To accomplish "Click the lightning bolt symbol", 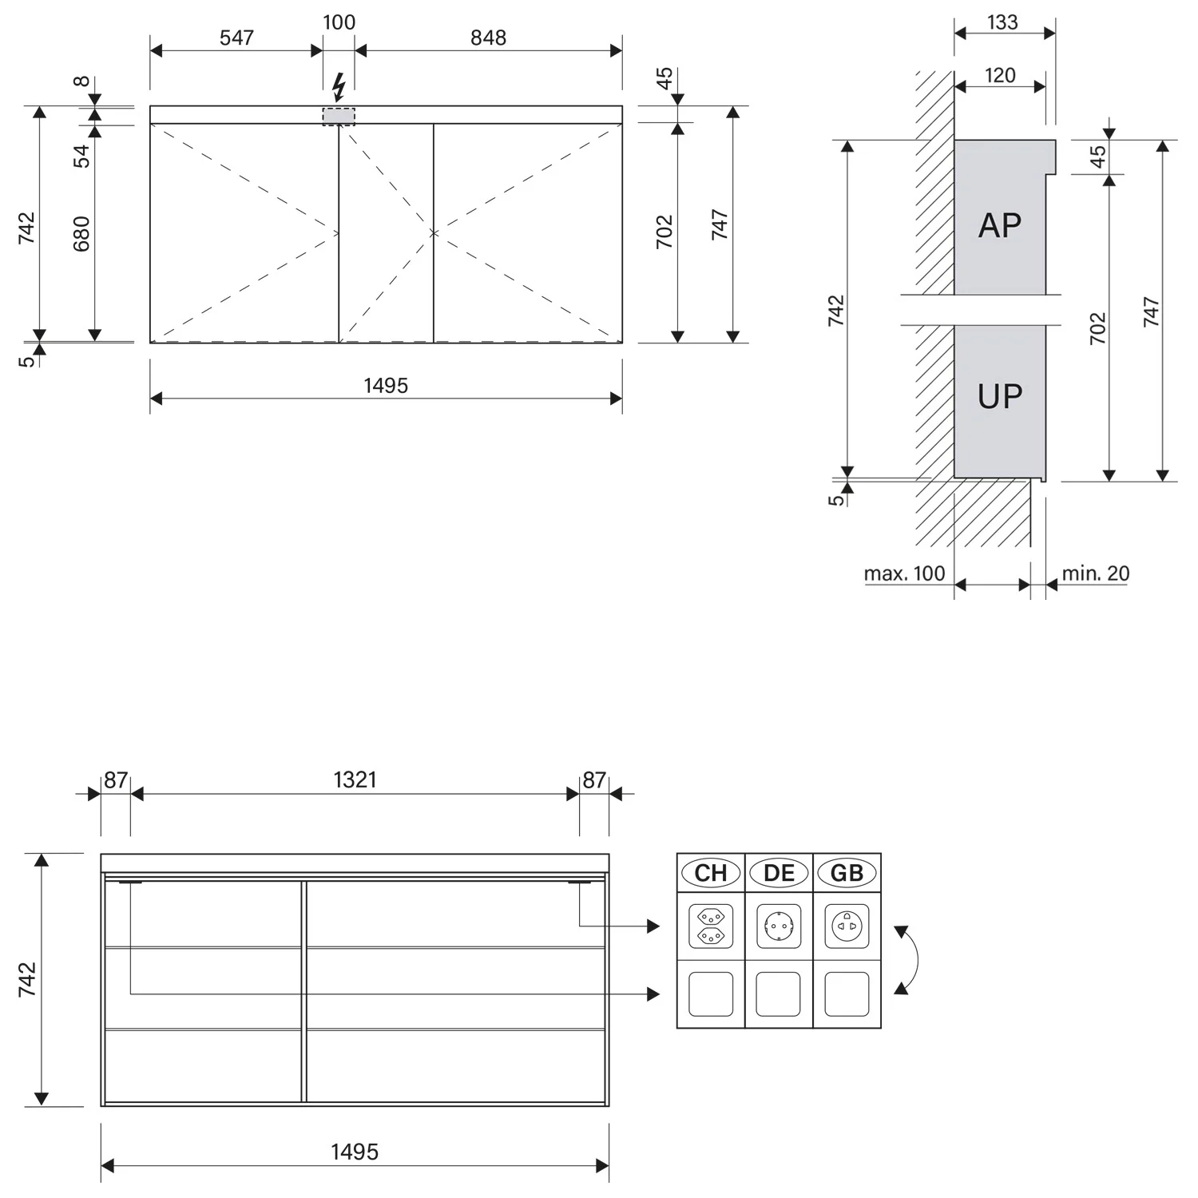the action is pyautogui.click(x=339, y=87).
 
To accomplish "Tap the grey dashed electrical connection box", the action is pyautogui.click(x=339, y=116).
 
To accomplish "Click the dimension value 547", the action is pyautogui.click(x=236, y=38).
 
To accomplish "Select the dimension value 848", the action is pyautogui.click(x=488, y=38).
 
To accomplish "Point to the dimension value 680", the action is pyautogui.click(x=81, y=233).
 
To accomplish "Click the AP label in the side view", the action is pyautogui.click(x=1000, y=226).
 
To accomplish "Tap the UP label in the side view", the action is pyautogui.click(x=1000, y=396).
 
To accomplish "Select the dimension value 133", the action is pyautogui.click(x=1002, y=22).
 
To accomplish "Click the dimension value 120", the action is pyautogui.click(x=1000, y=75).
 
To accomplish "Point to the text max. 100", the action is pyautogui.click(x=904, y=573).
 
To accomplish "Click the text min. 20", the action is pyautogui.click(x=1096, y=573).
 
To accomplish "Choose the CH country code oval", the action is pyautogui.click(x=711, y=873).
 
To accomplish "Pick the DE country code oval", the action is pyautogui.click(x=779, y=873).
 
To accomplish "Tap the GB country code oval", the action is pyautogui.click(x=847, y=873).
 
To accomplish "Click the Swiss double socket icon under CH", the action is pyautogui.click(x=711, y=926).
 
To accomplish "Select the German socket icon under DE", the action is pyautogui.click(x=779, y=926).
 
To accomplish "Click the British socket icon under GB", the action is pyautogui.click(x=847, y=926).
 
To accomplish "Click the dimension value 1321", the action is pyautogui.click(x=355, y=779).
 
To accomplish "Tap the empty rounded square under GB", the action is pyautogui.click(x=847, y=994).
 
